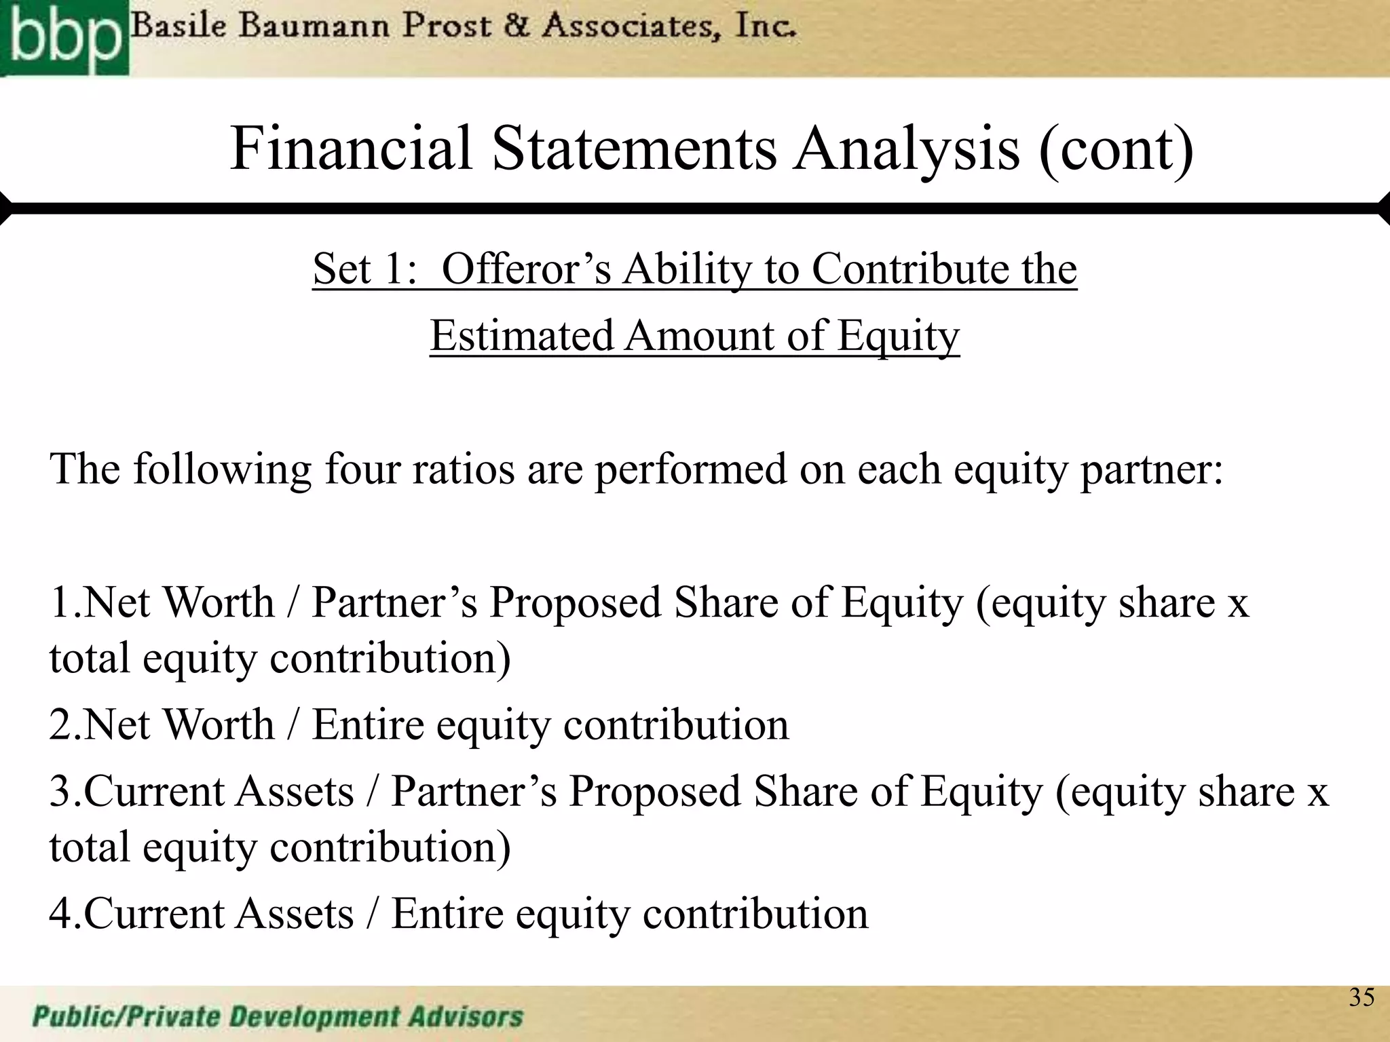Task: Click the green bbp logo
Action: point(64,37)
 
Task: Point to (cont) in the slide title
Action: point(1116,149)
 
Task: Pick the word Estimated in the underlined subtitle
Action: point(521,336)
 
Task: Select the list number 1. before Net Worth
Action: point(65,602)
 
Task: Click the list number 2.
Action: point(65,725)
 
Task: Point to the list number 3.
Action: point(65,792)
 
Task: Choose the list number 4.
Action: point(65,913)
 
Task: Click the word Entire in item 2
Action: point(368,725)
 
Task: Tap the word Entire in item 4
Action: point(447,913)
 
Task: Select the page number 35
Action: point(1361,997)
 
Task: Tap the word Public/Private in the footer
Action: point(125,1017)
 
